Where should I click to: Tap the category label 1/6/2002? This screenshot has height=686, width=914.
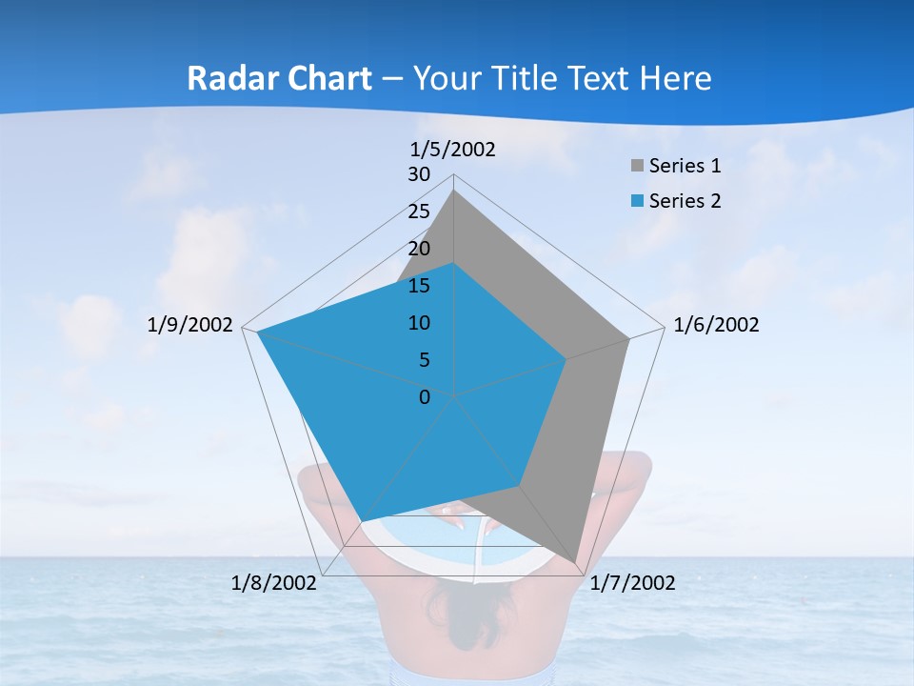(716, 325)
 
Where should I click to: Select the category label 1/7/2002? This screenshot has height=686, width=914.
(632, 582)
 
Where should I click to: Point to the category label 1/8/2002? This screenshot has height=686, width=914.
(274, 582)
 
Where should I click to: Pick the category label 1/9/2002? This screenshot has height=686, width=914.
(190, 325)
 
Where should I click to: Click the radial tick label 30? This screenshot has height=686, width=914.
(419, 174)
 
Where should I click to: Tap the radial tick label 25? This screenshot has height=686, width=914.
(419, 212)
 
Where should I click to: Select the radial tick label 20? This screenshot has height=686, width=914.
(419, 249)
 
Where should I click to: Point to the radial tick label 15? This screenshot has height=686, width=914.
(419, 286)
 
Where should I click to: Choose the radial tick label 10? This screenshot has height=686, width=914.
(419, 323)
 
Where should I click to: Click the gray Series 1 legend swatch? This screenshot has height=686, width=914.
(637, 166)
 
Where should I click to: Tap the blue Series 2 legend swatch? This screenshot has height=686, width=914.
(637, 201)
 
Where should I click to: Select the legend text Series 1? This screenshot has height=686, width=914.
(685, 166)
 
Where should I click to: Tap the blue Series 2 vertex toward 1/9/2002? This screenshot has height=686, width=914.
(257, 332)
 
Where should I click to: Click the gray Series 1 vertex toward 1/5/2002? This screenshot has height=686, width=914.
(453, 191)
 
